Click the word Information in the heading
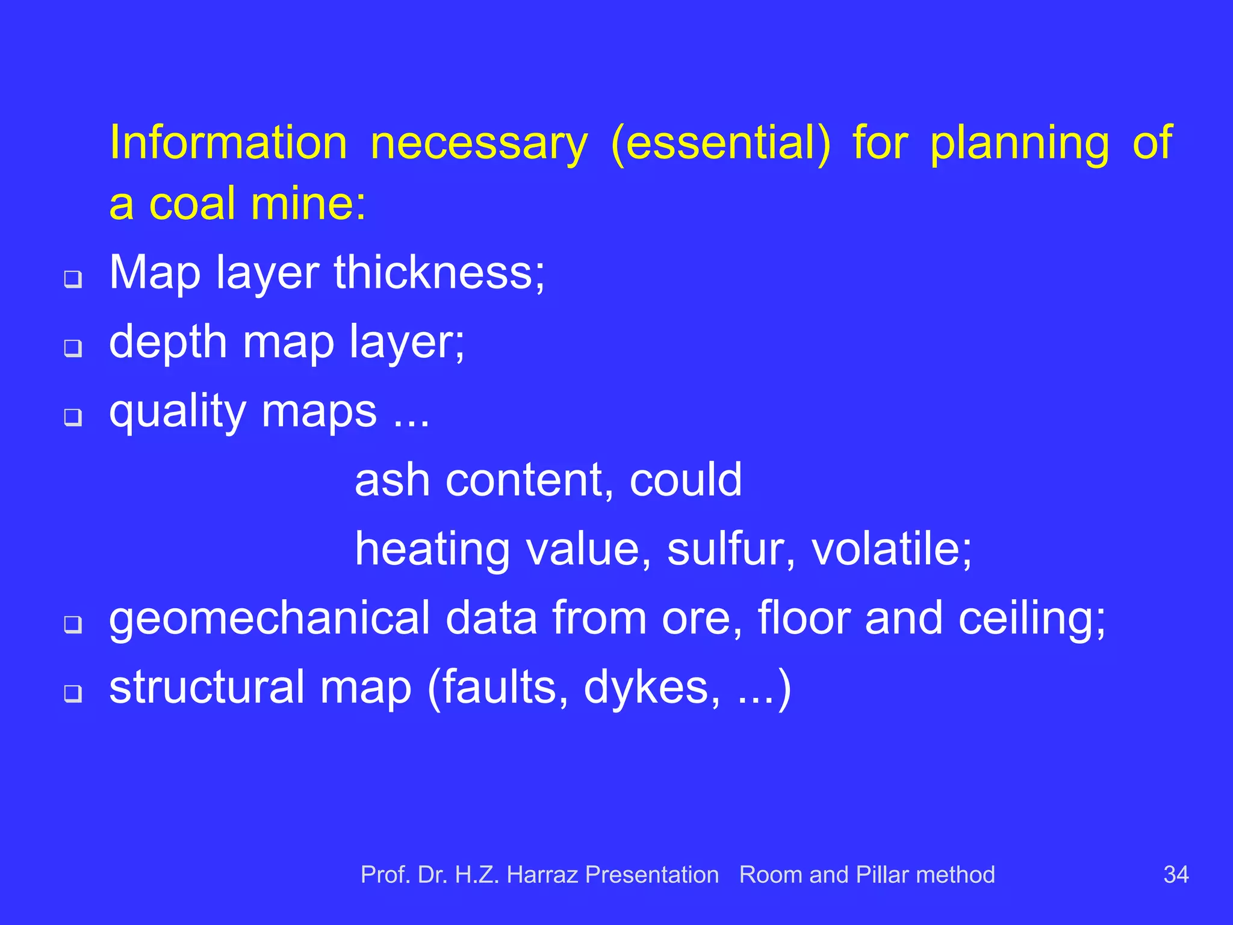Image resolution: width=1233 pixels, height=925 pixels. (228, 143)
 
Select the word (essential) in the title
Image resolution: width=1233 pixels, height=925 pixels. (720, 143)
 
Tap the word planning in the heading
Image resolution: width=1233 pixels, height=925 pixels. (1019, 143)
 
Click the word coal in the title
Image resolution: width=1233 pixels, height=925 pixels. (192, 204)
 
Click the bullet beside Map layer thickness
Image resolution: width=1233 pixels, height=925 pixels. (73, 279)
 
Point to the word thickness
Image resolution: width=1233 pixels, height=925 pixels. (439, 272)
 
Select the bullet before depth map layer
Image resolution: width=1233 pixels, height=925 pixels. (73, 347)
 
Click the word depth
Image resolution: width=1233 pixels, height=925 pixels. (168, 341)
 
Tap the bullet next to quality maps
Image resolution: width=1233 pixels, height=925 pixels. (73, 416)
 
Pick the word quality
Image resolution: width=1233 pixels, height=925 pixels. (177, 411)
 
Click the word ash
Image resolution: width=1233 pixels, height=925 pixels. (392, 480)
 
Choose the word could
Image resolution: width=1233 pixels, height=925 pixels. (685, 480)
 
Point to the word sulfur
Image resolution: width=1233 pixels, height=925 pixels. (731, 549)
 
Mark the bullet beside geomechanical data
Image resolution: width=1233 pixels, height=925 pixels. (73, 624)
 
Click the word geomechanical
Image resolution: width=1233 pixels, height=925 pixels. (269, 618)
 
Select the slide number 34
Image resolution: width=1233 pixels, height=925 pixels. (1176, 874)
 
